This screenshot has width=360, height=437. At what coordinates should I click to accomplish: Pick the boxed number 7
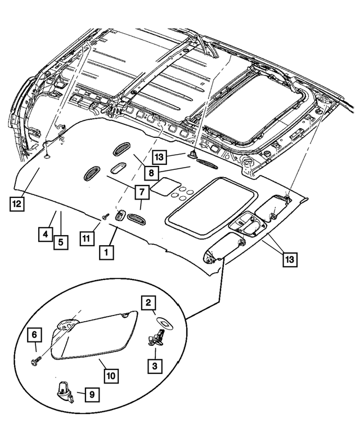(142, 192)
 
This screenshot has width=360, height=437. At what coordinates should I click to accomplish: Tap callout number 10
(110, 374)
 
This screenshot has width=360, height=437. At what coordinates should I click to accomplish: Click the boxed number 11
(85, 239)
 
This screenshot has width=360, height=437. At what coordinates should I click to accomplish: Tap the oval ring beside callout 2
(165, 322)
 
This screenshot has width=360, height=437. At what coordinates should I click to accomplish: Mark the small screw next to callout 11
(105, 216)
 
